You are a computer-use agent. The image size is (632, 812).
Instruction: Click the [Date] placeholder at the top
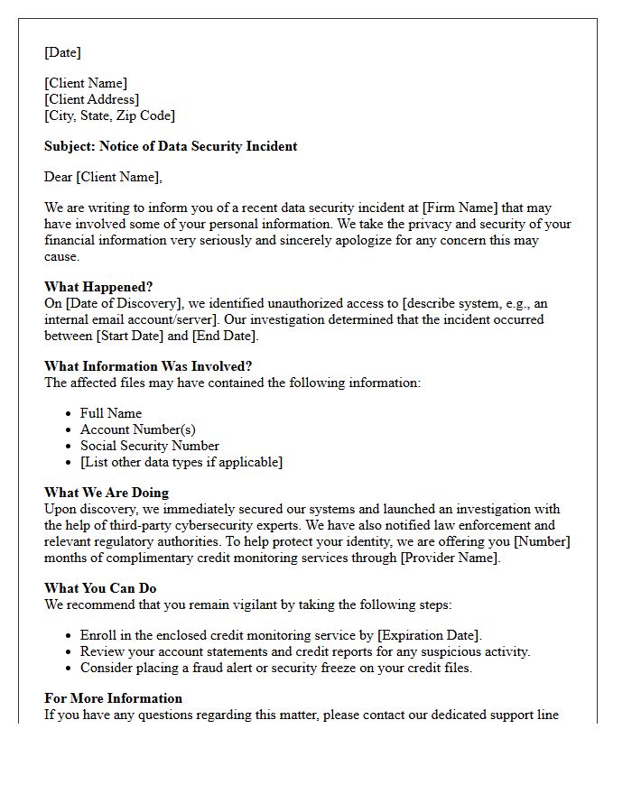(62, 52)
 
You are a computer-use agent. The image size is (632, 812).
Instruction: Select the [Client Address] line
(91, 99)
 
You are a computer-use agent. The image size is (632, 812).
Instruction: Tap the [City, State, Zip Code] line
(109, 115)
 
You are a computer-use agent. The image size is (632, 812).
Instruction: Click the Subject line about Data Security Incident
(171, 146)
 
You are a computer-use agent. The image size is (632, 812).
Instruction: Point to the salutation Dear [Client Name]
(103, 177)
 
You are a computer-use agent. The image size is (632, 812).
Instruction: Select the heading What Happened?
(98, 287)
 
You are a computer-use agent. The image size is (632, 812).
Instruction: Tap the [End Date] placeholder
(225, 336)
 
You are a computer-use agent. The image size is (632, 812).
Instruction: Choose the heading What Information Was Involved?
(148, 366)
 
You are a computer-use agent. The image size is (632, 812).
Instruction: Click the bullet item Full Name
(111, 413)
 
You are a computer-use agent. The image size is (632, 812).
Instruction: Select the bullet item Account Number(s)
(137, 429)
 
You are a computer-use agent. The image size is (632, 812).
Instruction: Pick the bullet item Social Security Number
(149, 446)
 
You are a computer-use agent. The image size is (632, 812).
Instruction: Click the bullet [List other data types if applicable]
(181, 462)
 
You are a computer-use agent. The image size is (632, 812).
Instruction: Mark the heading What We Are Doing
(107, 493)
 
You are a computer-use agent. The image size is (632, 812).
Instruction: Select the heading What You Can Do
(100, 588)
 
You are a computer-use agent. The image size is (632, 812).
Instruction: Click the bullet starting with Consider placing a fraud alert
(275, 668)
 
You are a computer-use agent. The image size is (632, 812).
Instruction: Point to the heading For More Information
(113, 698)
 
